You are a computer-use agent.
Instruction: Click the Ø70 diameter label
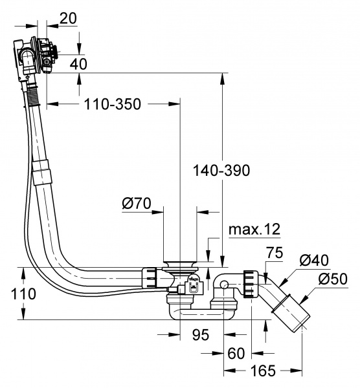(136, 204)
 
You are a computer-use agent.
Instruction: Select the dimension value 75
(275, 253)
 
